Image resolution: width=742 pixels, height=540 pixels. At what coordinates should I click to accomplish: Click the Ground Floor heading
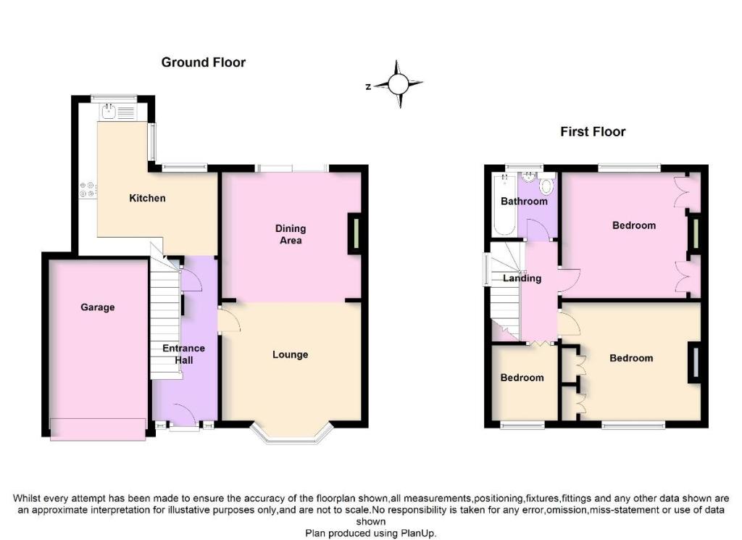(204, 62)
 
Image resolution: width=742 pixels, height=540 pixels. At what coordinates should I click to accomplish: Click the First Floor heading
(593, 132)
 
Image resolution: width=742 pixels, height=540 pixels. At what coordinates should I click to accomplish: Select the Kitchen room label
(147, 198)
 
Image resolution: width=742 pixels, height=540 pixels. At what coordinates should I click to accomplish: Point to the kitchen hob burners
(88, 189)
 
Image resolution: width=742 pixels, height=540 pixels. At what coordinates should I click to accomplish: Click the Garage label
(98, 307)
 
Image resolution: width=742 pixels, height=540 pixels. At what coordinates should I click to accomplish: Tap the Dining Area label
(291, 234)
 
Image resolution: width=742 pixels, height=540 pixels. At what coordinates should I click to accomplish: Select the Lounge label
(290, 354)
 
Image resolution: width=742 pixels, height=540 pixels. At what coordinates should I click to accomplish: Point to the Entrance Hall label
(183, 354)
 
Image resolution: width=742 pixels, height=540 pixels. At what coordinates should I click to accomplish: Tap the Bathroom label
(524, 201)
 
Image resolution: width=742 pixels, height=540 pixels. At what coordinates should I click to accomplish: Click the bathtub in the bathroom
(504, 204)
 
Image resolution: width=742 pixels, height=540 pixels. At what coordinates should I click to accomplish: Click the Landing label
(522, 278)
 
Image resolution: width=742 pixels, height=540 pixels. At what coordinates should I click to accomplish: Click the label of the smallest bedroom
(522, 378)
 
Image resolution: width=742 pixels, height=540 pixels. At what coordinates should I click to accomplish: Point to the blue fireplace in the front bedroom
(695, 362)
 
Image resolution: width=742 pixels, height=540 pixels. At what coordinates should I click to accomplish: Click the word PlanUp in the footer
(417, 533)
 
